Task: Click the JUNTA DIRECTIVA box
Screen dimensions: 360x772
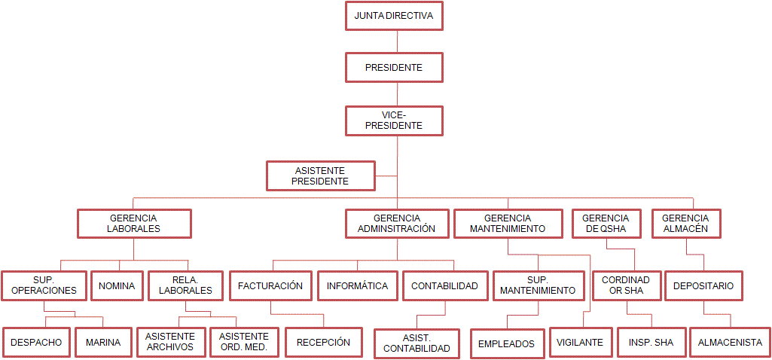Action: (x=394, y=15)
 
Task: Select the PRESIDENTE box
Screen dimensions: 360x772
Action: (x=394, y=67)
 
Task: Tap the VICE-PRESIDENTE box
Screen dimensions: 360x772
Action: (x=394, y=121)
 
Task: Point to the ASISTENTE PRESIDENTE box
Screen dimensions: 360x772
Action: (x=321, y=175)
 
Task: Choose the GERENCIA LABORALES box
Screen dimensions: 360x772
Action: (x=133, y=224)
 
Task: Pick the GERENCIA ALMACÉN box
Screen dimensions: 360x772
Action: (x=685, y=224)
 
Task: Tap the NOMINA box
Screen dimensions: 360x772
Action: (x=117, y=285)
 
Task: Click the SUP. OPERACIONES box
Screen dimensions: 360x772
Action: (x=44, y=285)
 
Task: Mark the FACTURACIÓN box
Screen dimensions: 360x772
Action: (x=270, y=285)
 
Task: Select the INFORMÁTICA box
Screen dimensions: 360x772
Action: (x=358, y=285)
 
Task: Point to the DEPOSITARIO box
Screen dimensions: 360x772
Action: (x=704, y=285)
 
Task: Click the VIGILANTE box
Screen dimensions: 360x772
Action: (x=580, y=342)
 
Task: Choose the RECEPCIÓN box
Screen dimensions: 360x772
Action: (x=323, y=342)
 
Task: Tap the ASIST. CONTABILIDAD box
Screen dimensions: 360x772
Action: (x=417, y=343)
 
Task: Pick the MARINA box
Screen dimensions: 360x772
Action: (x=103, y=342)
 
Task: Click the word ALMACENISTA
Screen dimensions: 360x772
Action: (x=730, y=342)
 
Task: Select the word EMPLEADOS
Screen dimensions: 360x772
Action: (x=506, y=343)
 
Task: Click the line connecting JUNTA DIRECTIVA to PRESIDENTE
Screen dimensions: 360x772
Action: (x=397, y=41)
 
